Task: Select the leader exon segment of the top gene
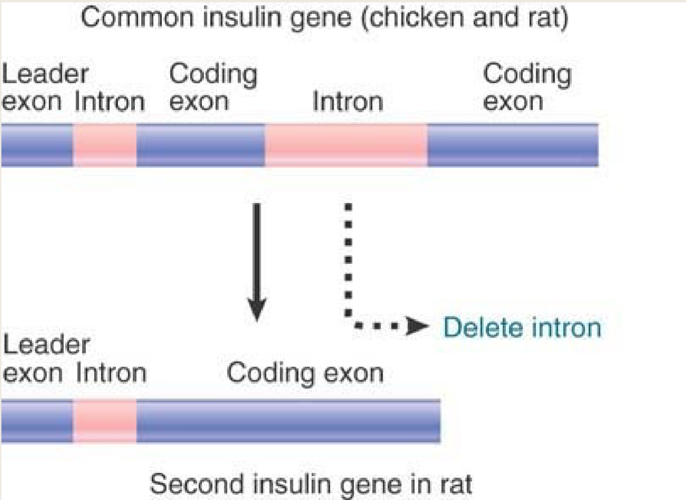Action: click(36, 146)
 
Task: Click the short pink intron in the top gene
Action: click(104, 146)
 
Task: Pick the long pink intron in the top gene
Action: click(346, 146)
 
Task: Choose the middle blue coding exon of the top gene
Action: click(200, 146)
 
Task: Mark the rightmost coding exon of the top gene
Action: click(512, 146)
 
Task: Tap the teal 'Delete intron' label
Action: click(522, 328)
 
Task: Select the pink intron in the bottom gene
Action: click(104, 421)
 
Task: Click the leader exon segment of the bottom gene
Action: click(36, 421)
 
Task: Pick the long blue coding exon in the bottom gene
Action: click(288, 421)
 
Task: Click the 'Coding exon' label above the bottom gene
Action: click(305, 373)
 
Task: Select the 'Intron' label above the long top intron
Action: click(347, 101)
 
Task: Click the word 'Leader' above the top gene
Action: click(45, 74)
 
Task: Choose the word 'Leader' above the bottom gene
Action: click(46, 345)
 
